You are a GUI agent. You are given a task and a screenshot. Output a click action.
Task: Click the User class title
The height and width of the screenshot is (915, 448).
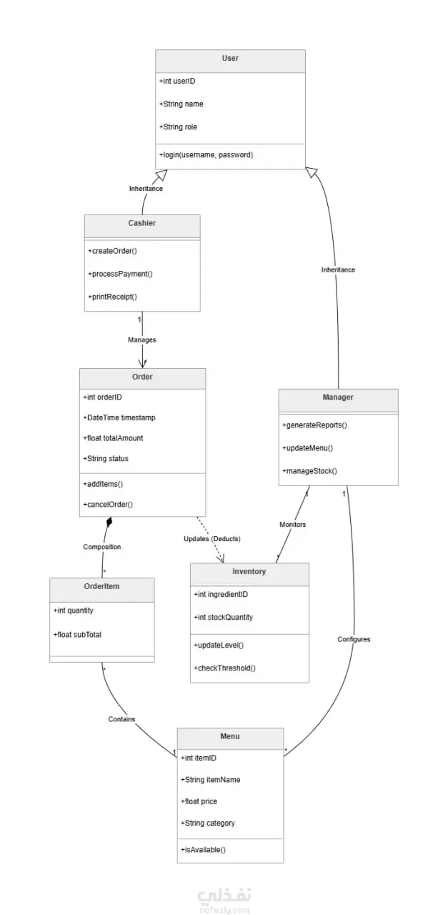230,58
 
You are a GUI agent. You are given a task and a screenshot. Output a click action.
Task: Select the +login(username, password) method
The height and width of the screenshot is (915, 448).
206,155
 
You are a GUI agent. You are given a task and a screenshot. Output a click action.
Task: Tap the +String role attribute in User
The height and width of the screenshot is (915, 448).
178,127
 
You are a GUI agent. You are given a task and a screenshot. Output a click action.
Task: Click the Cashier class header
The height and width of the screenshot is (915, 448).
142,223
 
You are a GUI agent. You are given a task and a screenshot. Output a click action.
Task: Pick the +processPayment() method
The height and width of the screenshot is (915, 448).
121,274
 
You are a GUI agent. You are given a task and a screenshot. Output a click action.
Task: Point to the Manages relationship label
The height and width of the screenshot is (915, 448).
142,340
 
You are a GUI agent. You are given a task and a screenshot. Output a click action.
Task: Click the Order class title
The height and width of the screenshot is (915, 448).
142,377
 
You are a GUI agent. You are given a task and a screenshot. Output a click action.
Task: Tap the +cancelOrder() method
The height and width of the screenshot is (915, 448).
108,505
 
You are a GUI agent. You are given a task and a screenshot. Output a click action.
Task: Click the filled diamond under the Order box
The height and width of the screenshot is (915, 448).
109,522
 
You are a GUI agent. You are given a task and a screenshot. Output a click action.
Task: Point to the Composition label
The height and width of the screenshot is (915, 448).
102,547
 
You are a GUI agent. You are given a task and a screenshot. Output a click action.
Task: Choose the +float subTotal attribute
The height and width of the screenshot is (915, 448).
77,635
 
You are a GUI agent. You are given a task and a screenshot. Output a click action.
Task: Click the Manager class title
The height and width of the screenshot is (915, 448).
338,397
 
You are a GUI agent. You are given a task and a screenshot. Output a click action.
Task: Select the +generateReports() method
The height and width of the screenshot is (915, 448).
315,425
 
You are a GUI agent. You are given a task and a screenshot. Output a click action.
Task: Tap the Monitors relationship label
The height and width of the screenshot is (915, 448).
293,525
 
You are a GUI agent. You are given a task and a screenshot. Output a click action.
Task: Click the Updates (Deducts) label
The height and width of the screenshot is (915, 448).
212,539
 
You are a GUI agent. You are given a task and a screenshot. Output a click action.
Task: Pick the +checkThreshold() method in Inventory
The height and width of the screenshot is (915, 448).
224,668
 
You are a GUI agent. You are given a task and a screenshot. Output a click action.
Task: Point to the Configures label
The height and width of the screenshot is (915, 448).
354,639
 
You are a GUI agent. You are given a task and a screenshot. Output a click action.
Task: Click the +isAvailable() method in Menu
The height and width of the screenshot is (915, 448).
203,850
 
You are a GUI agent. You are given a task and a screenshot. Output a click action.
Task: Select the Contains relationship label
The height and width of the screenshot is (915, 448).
121,719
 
